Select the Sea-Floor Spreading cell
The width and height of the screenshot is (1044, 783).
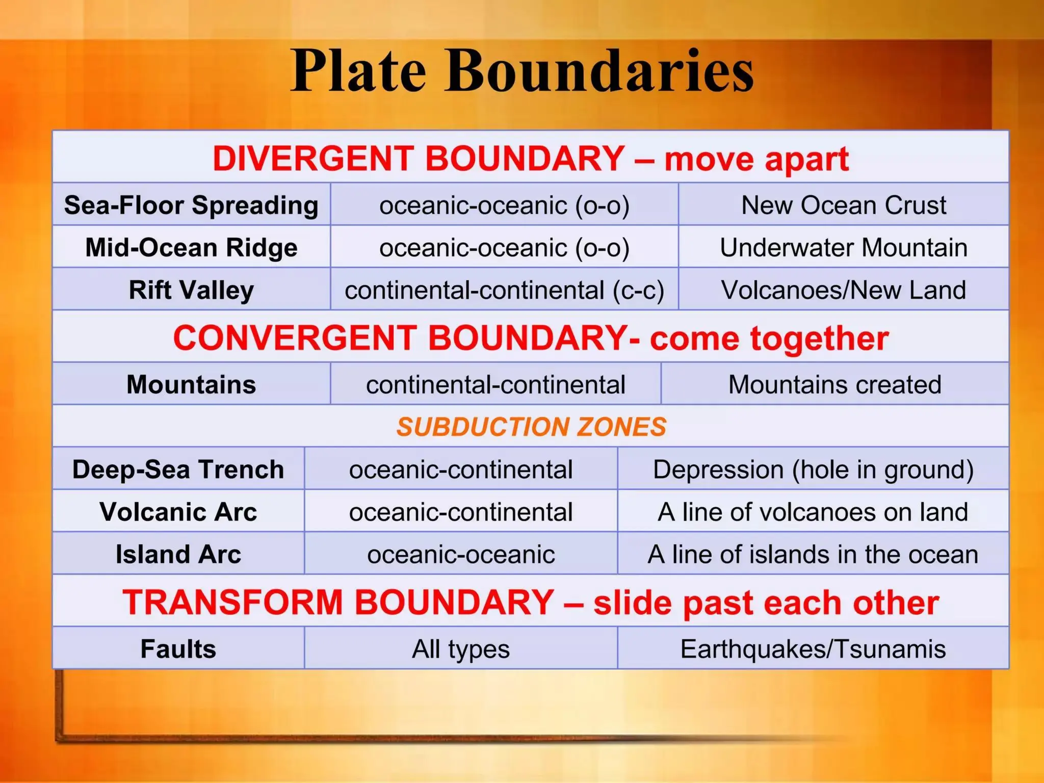tap(191, 205)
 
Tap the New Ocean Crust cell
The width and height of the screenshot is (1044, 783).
tap(843, 205)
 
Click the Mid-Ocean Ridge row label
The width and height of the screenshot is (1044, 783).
tap(191, 248)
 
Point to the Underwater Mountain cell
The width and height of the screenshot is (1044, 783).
tap(843, 248)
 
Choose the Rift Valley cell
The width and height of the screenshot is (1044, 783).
tap(191, 290)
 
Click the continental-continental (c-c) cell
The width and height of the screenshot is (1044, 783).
tap(504, 290)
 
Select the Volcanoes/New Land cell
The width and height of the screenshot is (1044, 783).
tap(843, 290)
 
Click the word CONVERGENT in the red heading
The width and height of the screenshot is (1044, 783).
tap(294, 338)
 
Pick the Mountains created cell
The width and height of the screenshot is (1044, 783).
tap(834, 384)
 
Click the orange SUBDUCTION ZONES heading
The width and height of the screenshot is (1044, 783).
tap(531, 427)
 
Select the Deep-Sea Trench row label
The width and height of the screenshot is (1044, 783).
tap(178, 469)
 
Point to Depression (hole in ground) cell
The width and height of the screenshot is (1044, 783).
tap(813, 469)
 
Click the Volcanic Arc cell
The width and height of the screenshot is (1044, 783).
tap(178, 512)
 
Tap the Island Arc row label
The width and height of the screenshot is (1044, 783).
tap(178, 554)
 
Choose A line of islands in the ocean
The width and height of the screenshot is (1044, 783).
tap(813, 554)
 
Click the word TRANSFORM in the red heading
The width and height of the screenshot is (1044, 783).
tap(232, 602)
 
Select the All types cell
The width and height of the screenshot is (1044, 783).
tap(461, 649)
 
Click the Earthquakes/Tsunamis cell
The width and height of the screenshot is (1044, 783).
tap(813, 649)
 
